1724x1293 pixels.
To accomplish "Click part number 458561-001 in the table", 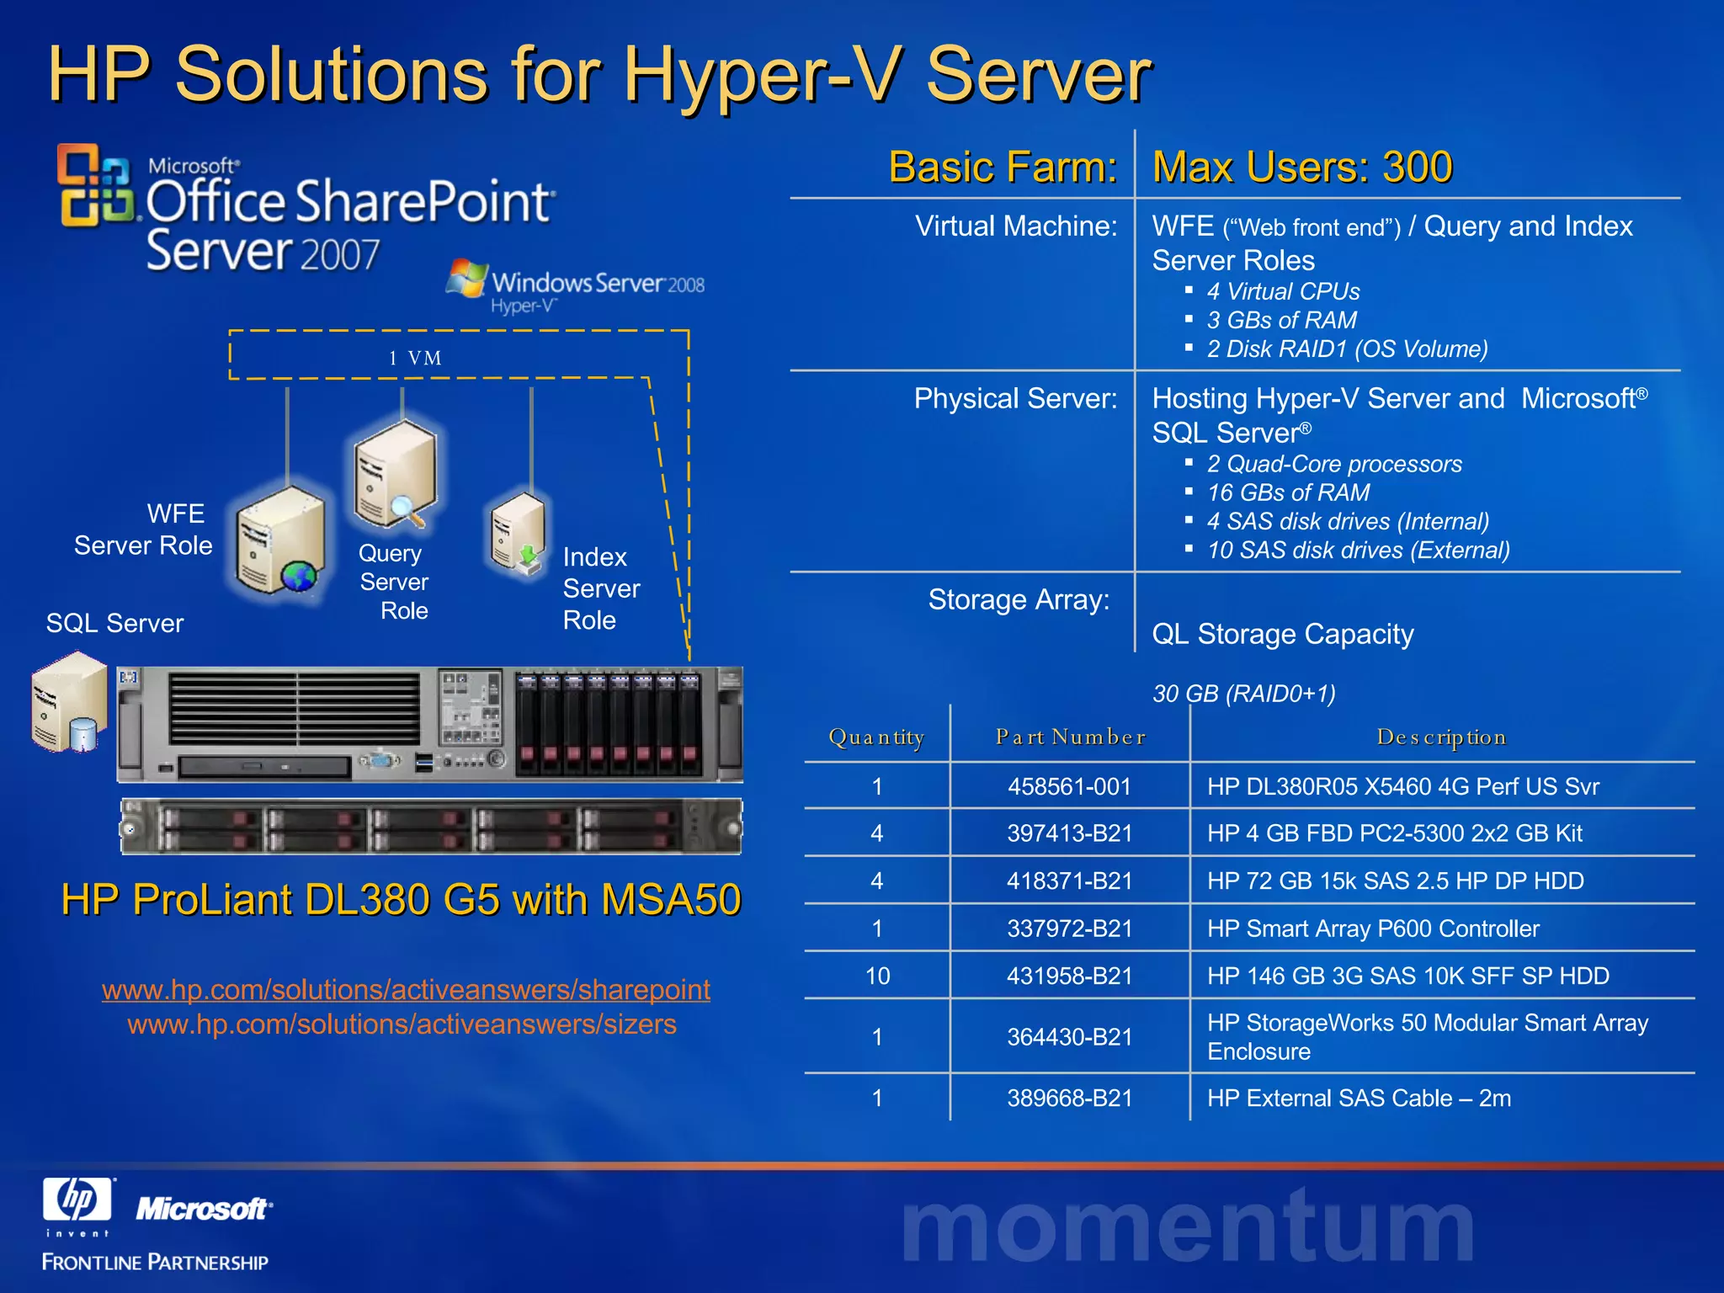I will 1069,786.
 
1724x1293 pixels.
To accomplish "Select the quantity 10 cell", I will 877,976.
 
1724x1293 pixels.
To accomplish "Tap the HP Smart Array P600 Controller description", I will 1373,929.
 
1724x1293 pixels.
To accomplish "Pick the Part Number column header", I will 1070,737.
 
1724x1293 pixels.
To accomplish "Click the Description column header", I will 1441,737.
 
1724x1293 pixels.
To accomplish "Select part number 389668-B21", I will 1069,1098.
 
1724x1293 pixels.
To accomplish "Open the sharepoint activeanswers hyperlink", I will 406,989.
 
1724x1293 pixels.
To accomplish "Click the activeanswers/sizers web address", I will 402,1024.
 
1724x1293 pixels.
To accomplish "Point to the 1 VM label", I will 415,358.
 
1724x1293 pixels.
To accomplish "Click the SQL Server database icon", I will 70,703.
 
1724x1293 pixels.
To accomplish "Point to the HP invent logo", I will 77,1205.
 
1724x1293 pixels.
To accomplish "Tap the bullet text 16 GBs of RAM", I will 1288,492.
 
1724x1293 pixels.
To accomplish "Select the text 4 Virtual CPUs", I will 1283,291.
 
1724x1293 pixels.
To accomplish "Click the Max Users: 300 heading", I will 1302,167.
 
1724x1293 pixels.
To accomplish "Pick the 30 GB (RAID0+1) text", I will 1243,694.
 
